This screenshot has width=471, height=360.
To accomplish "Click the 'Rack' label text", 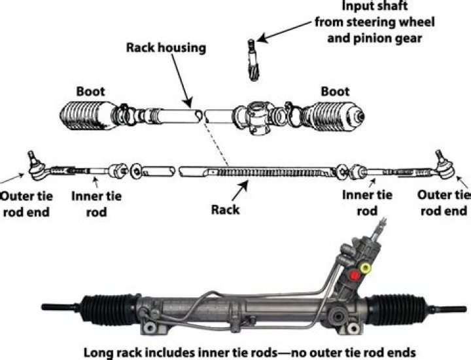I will tap(226, 210).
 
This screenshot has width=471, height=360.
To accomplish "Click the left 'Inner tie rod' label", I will tap(96, 203).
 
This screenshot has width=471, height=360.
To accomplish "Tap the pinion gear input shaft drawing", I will tap(253, 59).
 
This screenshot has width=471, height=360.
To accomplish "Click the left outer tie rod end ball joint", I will tap(32, 164).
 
